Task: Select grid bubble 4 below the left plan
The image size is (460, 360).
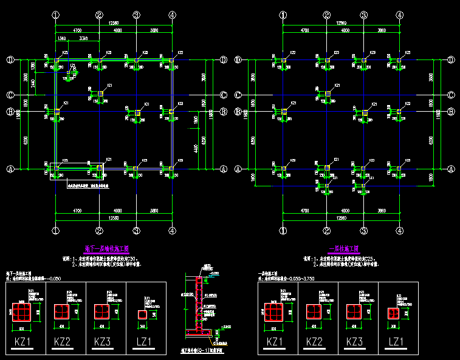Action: (x=173, y=231)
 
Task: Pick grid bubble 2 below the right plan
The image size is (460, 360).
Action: (x=326, y=231)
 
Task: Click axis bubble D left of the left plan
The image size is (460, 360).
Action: (x=10, y=59)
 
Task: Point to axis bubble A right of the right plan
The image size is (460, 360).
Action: (x=451, y=169)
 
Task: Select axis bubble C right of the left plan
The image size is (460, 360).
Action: (x=224, y=95)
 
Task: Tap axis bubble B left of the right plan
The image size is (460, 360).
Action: (x=238, y=112)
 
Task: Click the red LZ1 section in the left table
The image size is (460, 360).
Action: (x=142, y=314)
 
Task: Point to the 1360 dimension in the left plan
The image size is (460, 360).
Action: (x=61, y=38)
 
